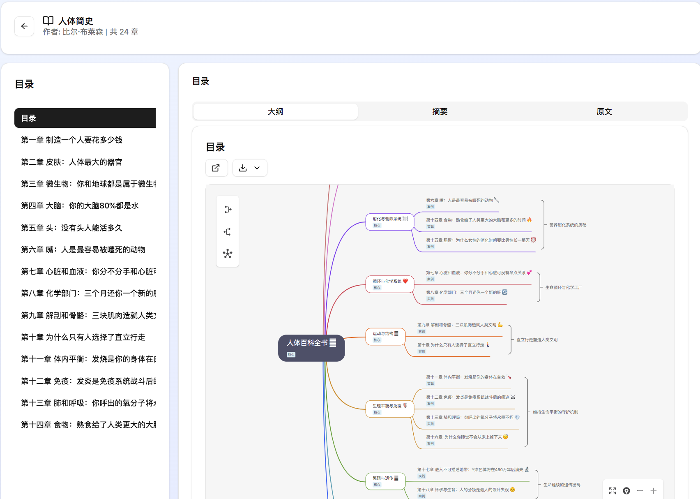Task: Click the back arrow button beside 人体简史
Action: click(x=24, y=26)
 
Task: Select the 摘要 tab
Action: click(x=440, y=111)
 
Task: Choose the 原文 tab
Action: click(x=604, y=111)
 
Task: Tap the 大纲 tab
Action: click(x=275, y=111)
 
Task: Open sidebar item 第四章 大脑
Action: click(x=80, y=206)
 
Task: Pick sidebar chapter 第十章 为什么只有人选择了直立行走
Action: click(x=83, y=337)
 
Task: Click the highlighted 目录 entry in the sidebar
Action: click(x=85, y=118)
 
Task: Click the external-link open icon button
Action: click(x=216, y=168)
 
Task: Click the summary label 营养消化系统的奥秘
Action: click(x=568, y=225)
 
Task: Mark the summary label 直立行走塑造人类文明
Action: click(x=537, y=340)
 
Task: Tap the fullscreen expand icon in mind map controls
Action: click(x=612, y=491)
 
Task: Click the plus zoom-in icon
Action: click(x=654, y=491)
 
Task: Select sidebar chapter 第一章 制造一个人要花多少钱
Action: click(x=71, y=140)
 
